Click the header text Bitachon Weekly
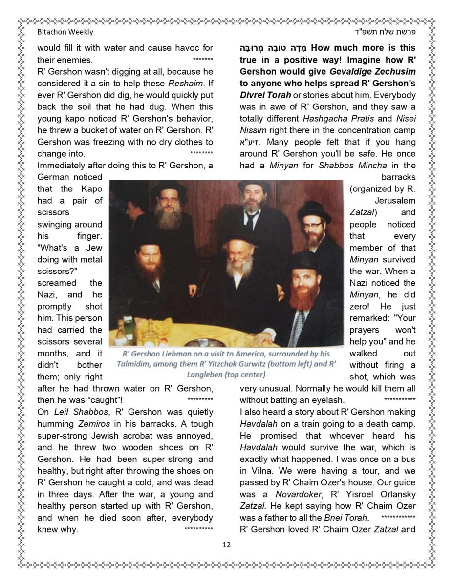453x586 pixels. [x=65, y=32]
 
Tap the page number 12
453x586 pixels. [x=226, y=544]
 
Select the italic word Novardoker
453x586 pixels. [x=297, y=494]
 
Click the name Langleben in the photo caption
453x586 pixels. [x=206, y=375]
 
